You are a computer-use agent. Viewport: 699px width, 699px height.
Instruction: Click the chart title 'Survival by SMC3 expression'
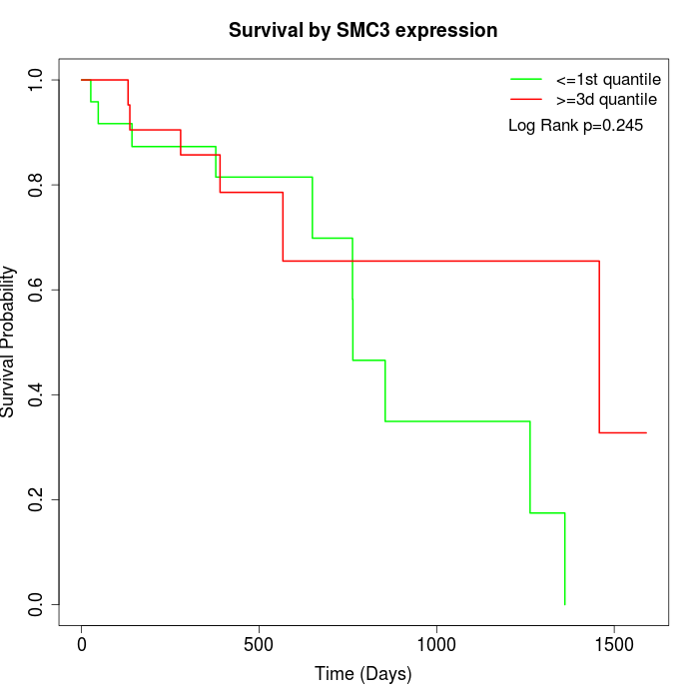click(362, 30)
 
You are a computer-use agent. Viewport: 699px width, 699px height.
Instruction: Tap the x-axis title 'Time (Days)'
click(362, 674)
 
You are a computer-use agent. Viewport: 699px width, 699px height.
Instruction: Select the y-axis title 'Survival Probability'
click(9, 342)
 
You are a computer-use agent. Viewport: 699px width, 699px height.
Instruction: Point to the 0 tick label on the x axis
click(82, 644)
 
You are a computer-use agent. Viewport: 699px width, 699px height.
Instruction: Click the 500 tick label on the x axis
click(259, 644)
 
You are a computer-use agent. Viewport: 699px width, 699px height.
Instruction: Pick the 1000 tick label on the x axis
click(436, 644)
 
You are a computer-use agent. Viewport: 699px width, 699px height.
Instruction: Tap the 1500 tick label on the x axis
click(613, 644)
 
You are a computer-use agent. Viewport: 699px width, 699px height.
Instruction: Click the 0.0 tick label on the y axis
click(37, 604)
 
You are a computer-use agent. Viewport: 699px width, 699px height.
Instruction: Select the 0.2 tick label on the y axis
click(37, 499)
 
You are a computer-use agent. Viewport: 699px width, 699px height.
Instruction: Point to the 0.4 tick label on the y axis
click(37, 394)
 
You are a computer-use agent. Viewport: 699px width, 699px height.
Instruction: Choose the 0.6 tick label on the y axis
click(37, 290)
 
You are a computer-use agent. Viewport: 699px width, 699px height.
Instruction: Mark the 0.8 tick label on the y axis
click(37, 185)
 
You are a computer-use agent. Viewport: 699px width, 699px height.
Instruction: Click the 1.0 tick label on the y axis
click(37, 80)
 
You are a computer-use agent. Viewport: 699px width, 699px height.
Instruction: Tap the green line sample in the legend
click(526, 79)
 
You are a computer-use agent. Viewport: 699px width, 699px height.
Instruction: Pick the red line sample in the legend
click(526, 99)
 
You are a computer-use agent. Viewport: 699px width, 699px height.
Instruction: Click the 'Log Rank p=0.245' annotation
click(576, 126)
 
